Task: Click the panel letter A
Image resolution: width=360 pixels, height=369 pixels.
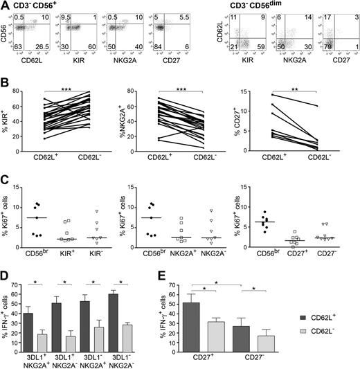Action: (4, 6)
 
